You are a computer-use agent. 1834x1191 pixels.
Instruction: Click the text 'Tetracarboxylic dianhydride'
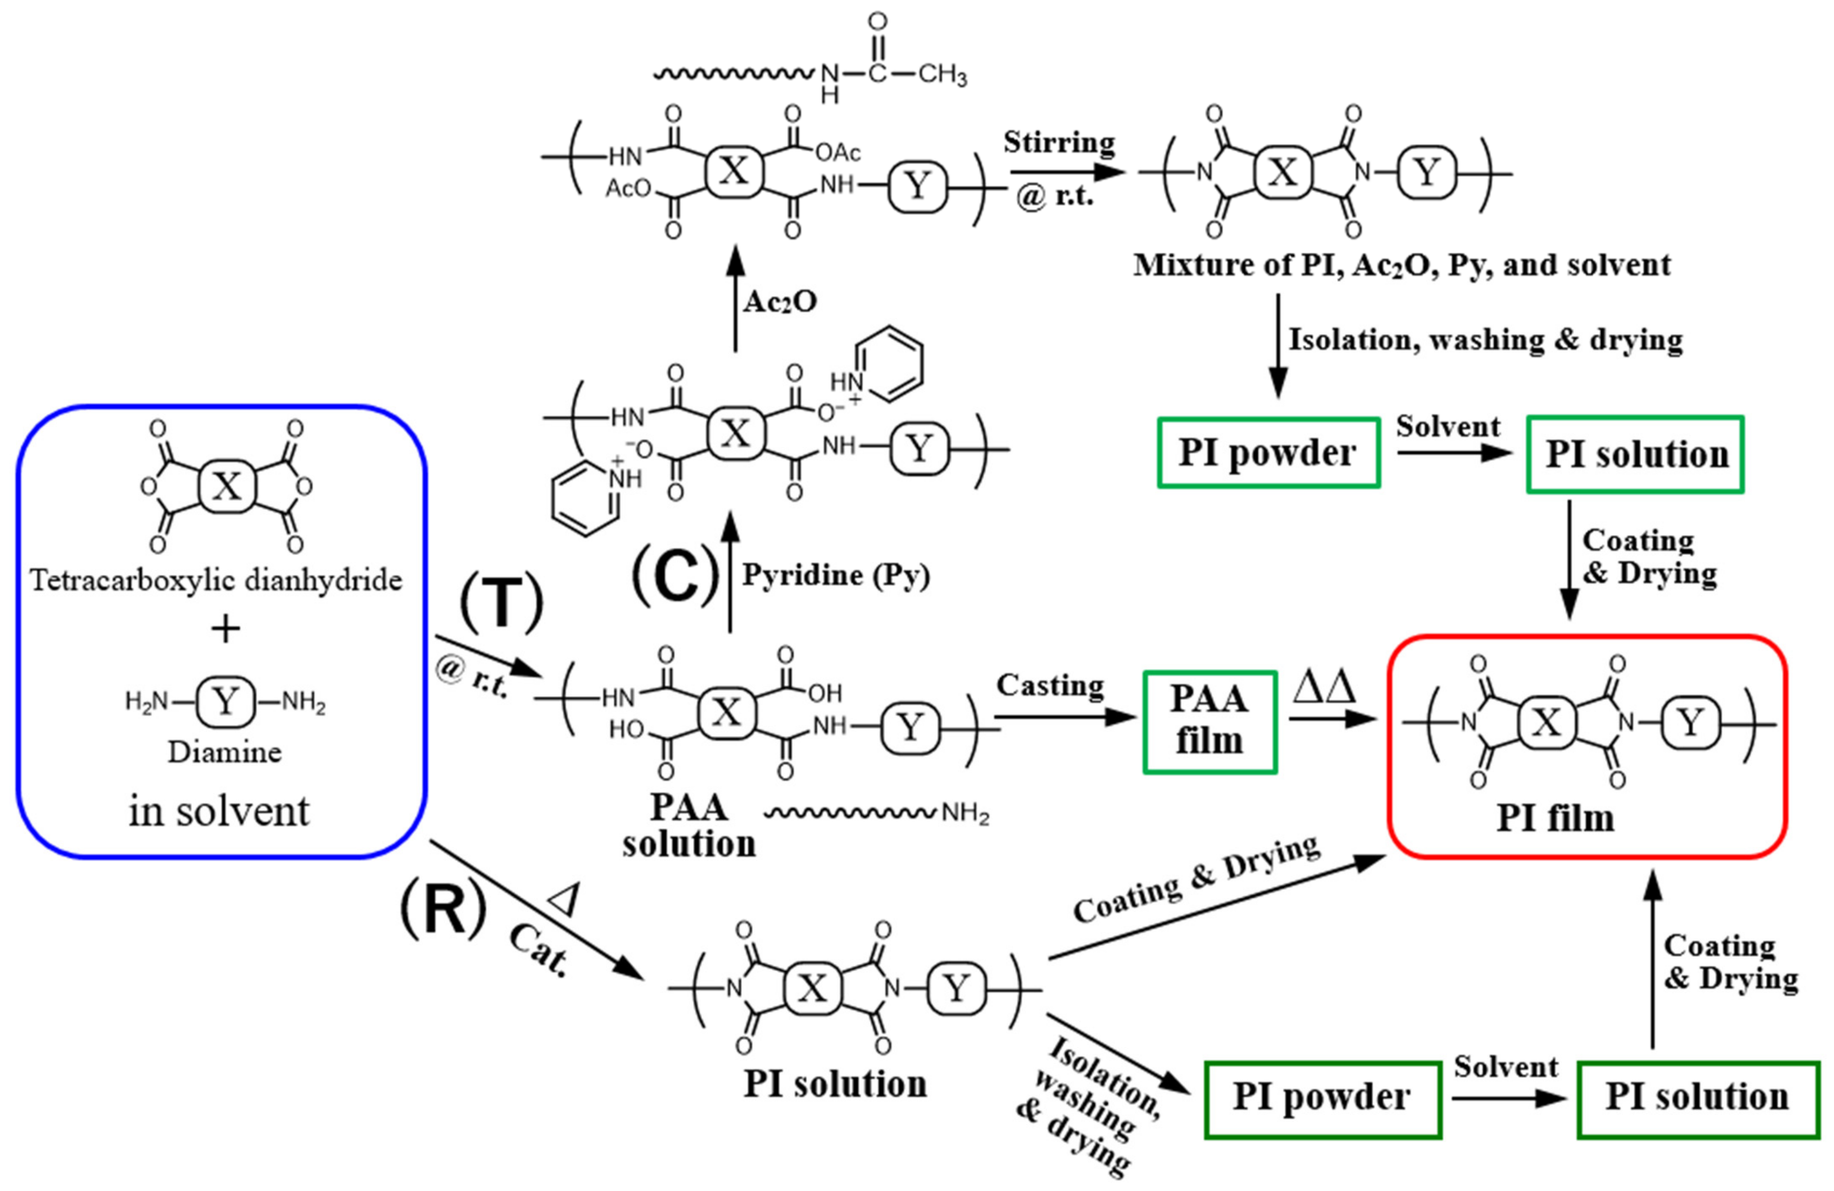pyautogui.click(x=217, y=580)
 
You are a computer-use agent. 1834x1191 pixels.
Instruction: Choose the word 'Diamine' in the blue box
pyautogui.click(x=225, y=752)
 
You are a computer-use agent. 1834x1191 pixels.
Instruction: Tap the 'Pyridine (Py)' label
pyautogui.click(x=836, y=576)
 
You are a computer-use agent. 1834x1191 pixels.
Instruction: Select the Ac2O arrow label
pyautogui.click(x=780, y=302)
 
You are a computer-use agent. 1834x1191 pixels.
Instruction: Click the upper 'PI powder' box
pyautogui.click(x=1267, y=453)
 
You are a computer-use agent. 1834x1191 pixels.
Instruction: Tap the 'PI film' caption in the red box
pyautogui.click(x=1555, y=818)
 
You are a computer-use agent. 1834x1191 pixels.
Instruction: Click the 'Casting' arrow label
pyautogui.click(x=1050, y=685)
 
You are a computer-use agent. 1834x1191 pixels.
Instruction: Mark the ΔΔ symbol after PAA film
pyautogui.click(x=1324, y=688)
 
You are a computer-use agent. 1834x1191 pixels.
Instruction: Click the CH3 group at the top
pyautogui.click(x=942, y=75)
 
